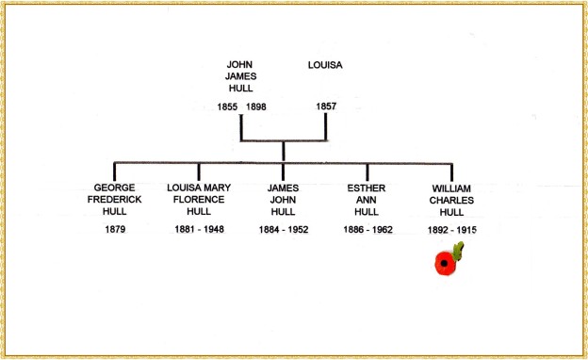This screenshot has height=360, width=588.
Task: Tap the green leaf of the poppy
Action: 459,251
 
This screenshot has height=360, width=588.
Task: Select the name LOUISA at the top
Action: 326,65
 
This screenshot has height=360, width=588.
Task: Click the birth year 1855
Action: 227,107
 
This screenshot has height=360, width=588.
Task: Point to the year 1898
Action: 255,107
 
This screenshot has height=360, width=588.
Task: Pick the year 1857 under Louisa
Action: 326,107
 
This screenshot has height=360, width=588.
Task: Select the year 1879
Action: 113,229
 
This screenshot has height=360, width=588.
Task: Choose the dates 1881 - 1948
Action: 199,229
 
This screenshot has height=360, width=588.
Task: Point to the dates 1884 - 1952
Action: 284,229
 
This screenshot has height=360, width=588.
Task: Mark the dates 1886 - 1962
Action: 368,229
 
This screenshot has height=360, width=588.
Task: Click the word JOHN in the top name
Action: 241,65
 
